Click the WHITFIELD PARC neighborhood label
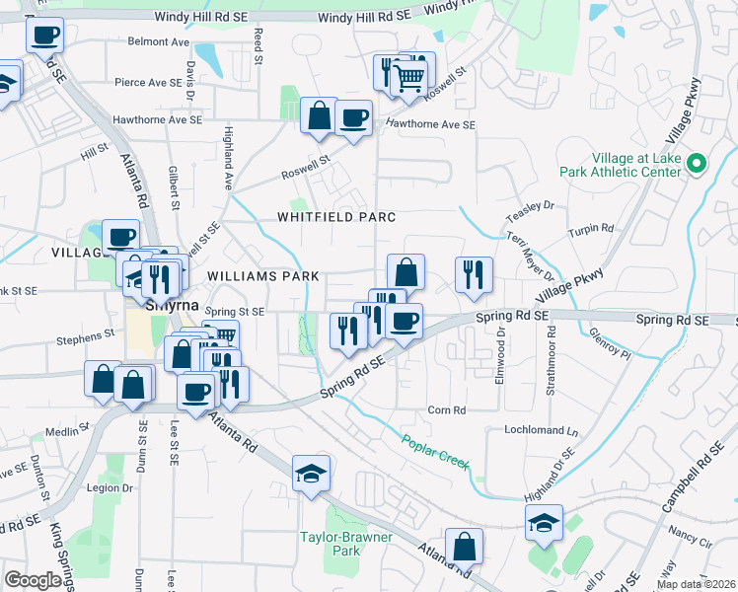tap(335, 217)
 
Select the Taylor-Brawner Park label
tap(345, 544)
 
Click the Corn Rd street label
tap(446, 409)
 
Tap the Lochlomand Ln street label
tap(541, 431)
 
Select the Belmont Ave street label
tap(158, 41)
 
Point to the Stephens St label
tap(79, 338)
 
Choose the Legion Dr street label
tap(109, 487)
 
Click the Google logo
tap(33, 580)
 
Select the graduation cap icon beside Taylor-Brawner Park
tap(311, 475)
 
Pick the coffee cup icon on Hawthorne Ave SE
tap(353, 118)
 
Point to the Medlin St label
tap(67, 430)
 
